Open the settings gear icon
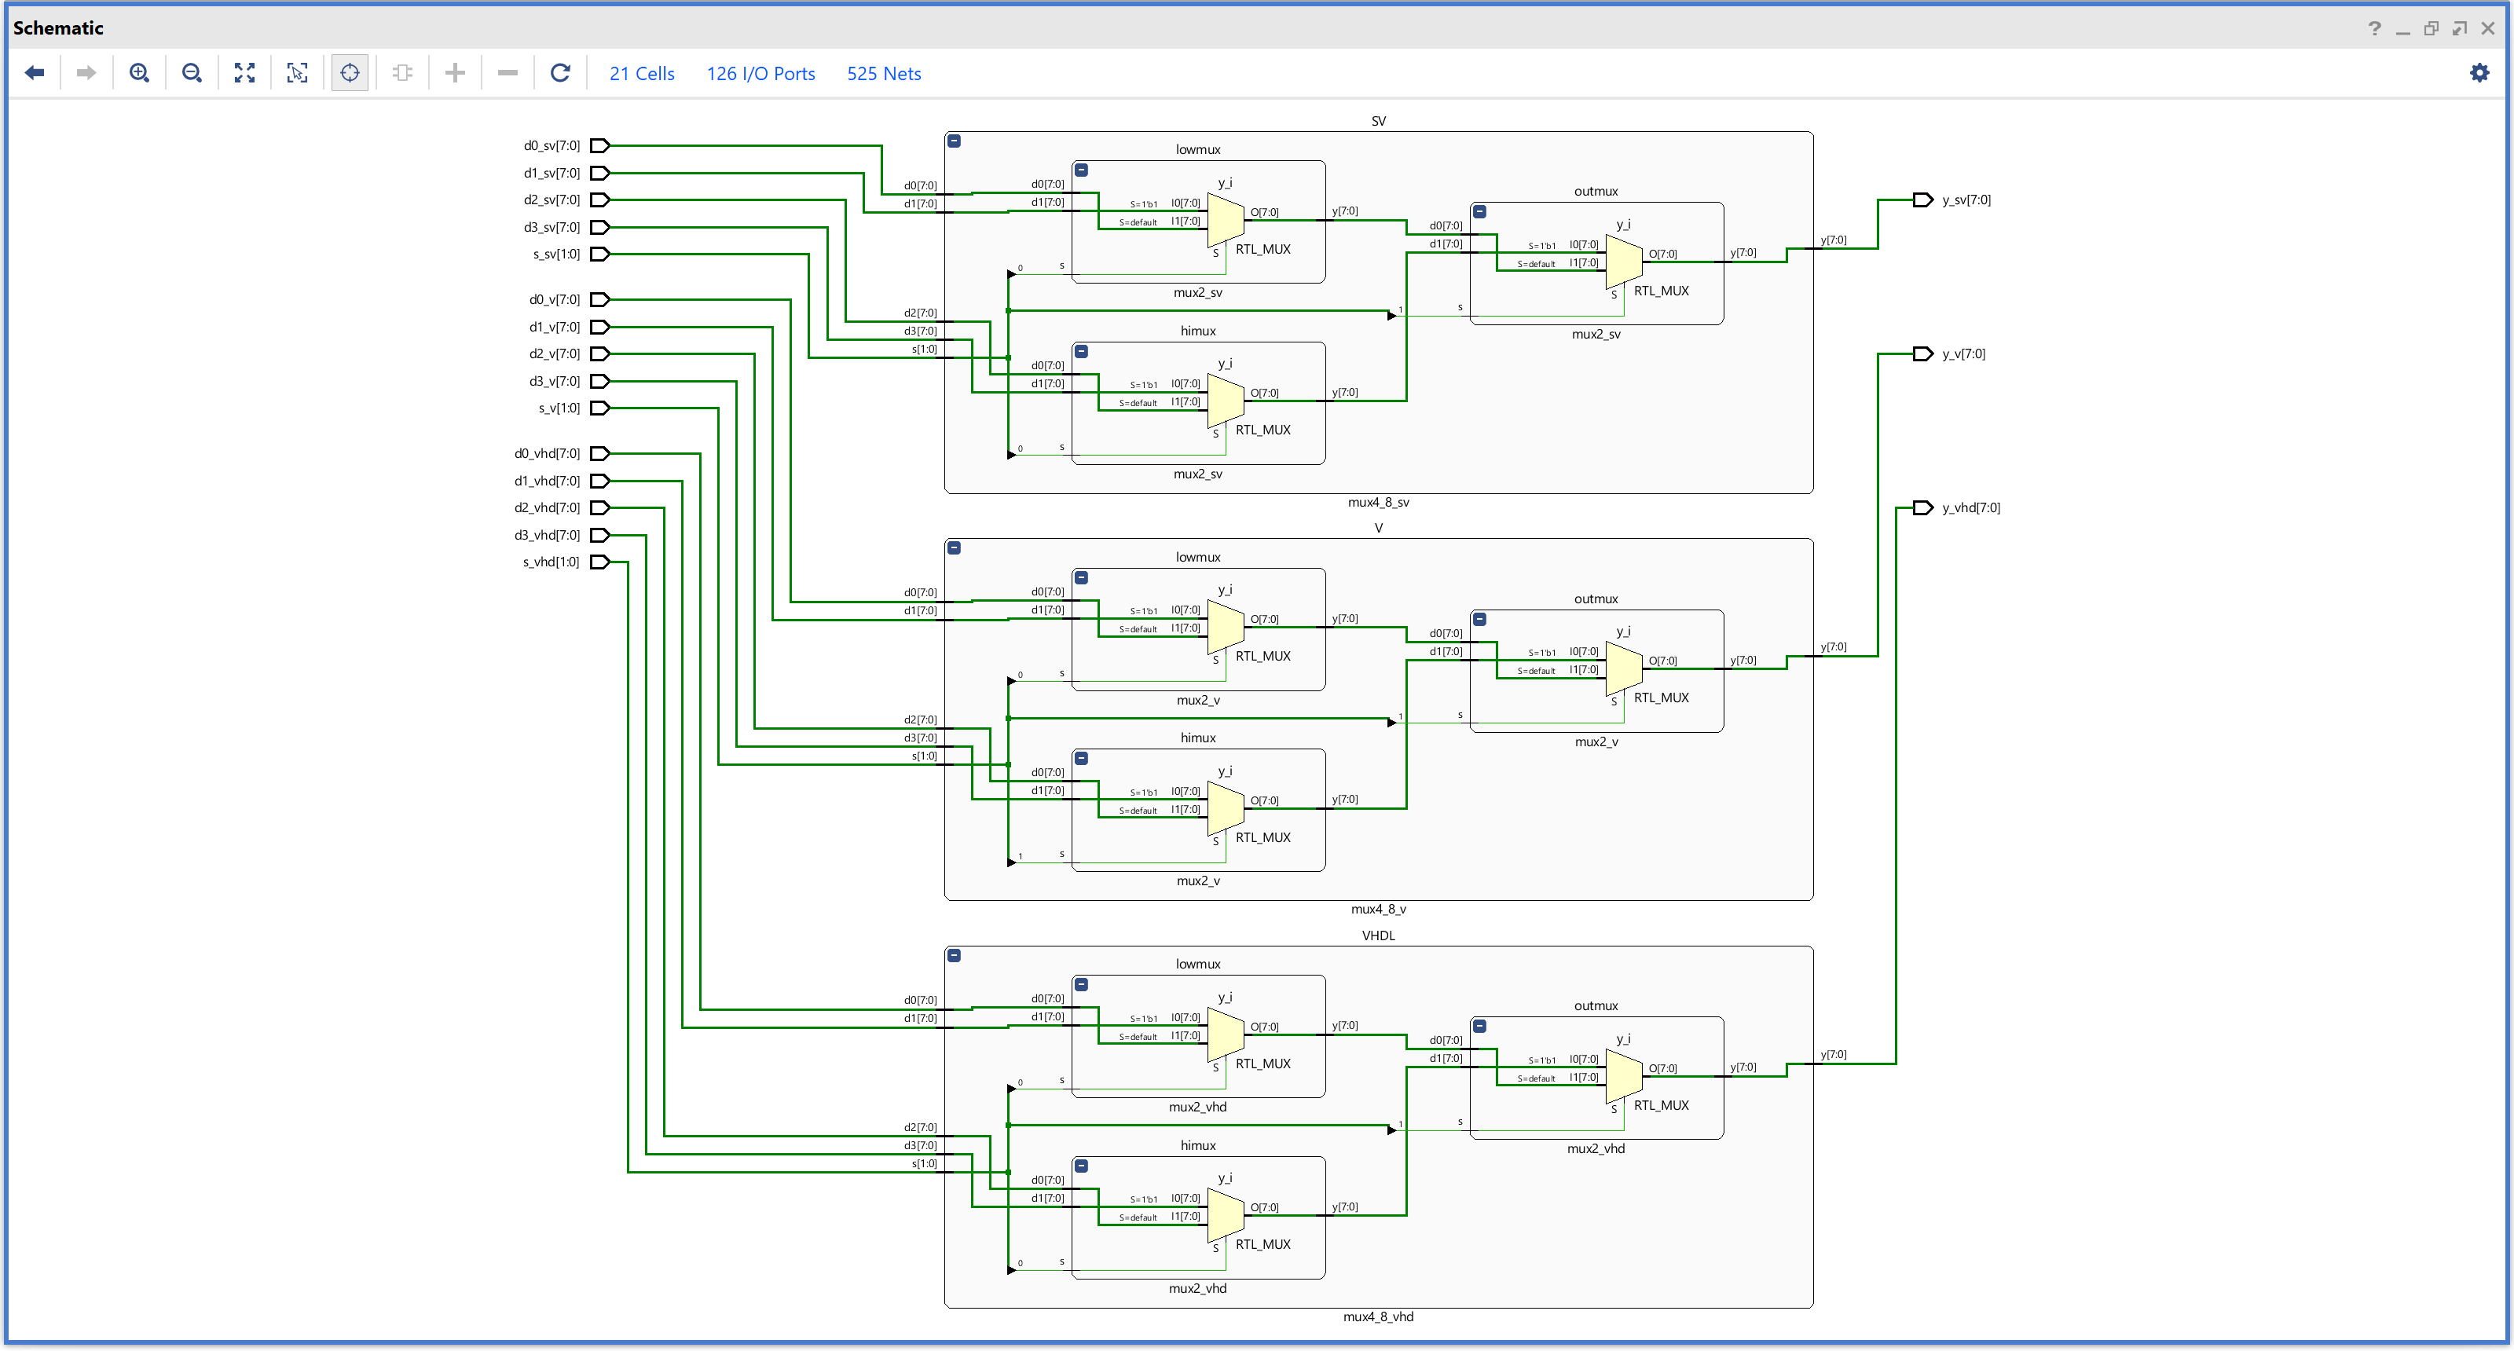click(x=2479, y=73)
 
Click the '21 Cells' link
click(x=641, y=74)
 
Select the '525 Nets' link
click(x=883, y=74)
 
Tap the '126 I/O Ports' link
click(x=760, y=74)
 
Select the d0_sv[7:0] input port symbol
click(x=600, y=146)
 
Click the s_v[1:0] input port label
click(x=559, y=408)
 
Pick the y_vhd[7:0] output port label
click(x=1970, y=508)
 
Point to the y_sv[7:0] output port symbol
click(x=1922, y=200)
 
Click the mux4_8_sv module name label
click(x=1378, y=503)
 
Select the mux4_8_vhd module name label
click(x=1378, y=1317)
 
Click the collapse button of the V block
click(x=955, y=548)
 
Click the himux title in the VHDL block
click(x=1197, y=1146)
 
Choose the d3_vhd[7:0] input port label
click(x=547, y=536)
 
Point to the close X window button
click(x=2487, y=28)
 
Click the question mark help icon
click(x=2374, y=28)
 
